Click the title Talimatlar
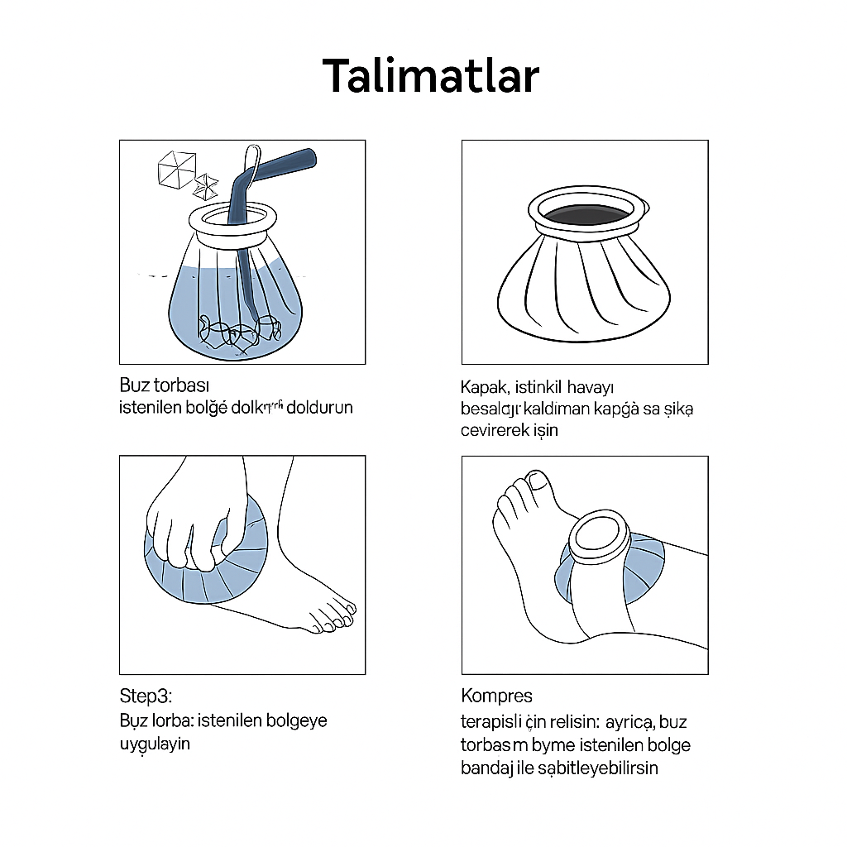pos(430,76)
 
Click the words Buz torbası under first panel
pos(165,385)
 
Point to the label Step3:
pos(146,696)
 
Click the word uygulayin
pos(155,743)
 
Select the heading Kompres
pos(496,695)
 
